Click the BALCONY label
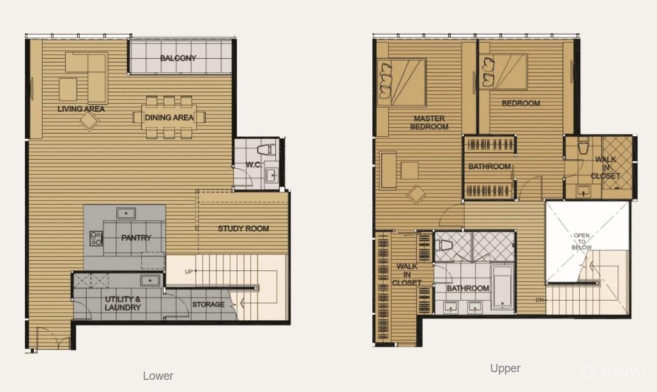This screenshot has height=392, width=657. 178,58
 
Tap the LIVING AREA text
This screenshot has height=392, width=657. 81,109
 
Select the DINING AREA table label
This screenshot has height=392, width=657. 169,118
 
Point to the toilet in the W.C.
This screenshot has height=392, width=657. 266,150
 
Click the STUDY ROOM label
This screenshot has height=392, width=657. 243,229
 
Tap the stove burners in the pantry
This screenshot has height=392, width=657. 96,238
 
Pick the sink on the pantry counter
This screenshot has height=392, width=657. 126,213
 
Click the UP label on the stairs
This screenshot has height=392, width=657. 189,272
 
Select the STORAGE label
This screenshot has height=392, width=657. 208,304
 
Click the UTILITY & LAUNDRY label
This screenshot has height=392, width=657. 123,303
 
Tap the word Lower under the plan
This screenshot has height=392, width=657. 158,376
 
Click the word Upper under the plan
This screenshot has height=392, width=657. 505,368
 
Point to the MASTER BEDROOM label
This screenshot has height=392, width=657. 429,123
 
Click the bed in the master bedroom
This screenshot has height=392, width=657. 402,82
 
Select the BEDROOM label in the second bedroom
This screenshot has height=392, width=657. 521,103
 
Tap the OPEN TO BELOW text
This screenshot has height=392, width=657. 582,241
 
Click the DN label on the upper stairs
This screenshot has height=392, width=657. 540,300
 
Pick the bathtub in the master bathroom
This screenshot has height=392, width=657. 502,287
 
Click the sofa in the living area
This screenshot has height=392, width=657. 87,77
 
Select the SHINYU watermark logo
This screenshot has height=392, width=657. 612,372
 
